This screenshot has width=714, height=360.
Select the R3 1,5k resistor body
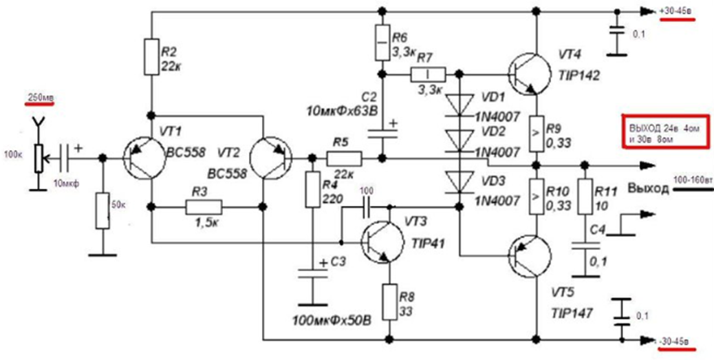pyautogui.click(x=204, y=206)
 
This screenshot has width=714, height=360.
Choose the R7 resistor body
pyautogui.click(x=427, y=73)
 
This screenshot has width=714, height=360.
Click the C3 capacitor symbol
pyautogui.click(x=311, y=270)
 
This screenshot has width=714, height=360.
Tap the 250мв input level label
pyautogui.click(x=41, y=98)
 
